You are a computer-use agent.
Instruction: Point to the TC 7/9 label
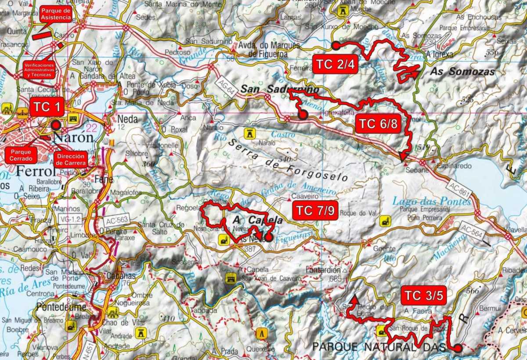coord(315,211)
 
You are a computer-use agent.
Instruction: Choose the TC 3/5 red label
coord(424,295)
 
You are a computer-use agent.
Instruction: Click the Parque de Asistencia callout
coord(55,14)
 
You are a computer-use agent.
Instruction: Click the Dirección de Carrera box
coord(70,159)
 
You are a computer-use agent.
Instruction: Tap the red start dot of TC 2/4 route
coord(336,45)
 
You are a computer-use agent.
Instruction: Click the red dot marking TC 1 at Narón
coord(56,125)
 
